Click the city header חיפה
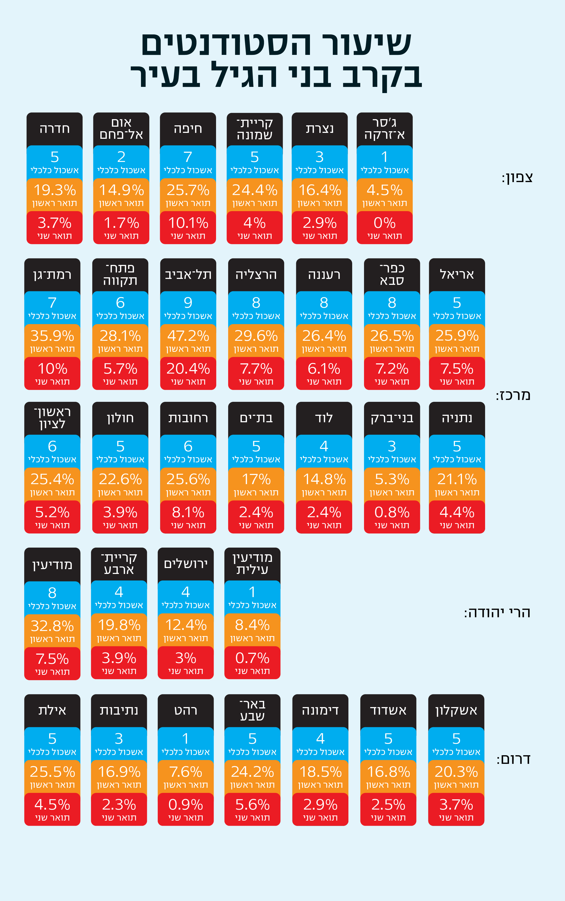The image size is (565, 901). tap(188, 129)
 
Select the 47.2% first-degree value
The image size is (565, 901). tap(188, 336)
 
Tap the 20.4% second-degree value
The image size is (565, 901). tap(188, 369)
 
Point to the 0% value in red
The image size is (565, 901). tap(384, 223)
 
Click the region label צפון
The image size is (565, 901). tap(517, 178)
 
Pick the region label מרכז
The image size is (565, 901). tap(513, 395)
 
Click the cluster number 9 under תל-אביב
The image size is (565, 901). tap(188, 303)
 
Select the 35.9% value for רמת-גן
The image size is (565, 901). tap(52, 336)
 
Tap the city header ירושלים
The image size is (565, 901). tap(186, 564)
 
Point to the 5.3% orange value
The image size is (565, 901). tap(392, 479)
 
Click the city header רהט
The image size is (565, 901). tap(186, 711)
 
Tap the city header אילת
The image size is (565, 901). tap(52, 711)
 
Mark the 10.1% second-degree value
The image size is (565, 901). tap(188, 223)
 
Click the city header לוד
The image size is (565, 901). tap(324, 418)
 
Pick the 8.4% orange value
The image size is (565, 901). tap(252, 625)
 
